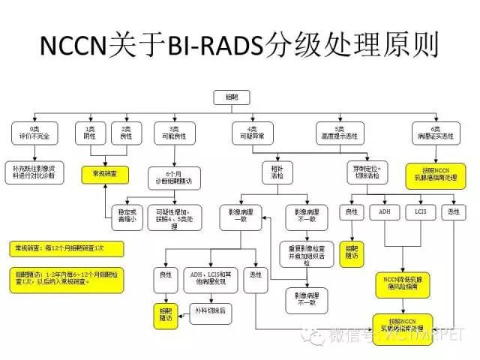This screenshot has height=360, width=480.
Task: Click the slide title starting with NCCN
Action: click(x=239, y=46)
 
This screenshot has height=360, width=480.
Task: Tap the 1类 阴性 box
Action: click(x=89, y=133)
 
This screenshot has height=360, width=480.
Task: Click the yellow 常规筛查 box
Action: click(x=105, y=174)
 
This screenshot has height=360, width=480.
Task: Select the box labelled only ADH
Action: click(x=385, y=212)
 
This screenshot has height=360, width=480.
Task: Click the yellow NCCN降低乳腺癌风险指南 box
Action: click(x=403, y=283)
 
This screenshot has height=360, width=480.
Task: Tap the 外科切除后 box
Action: click(x=211, y=309)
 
